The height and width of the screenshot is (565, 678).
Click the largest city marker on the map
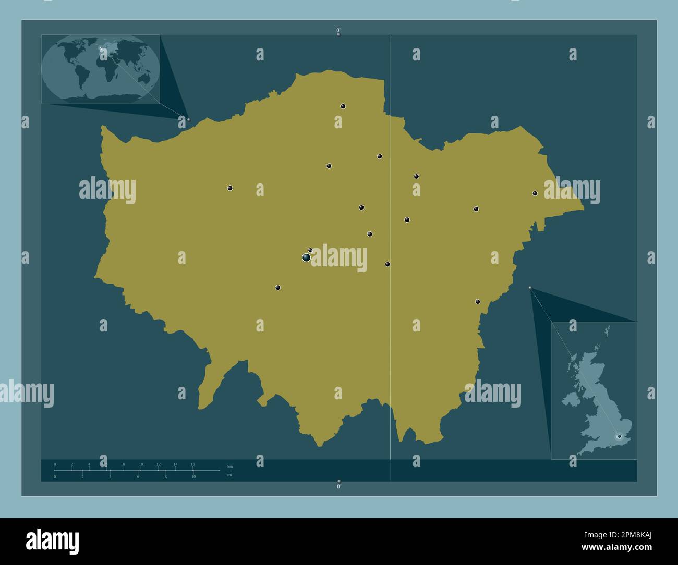pyautogui.click(x=306, y=257)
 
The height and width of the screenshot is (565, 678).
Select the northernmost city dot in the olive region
pyautogui.click(x=343, y=106)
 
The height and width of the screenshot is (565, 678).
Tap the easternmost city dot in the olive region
pyautogui.click(x=535, y=193)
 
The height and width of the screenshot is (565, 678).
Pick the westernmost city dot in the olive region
pyautogui.click(x=230, y=188)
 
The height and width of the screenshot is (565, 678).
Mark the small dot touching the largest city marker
pyautogui.click(x=310, y=250)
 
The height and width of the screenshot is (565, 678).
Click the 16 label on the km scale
pyautogui.click(x=192, y=464)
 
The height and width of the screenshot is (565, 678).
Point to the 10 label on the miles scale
pyautogui.click(x=193, y=477)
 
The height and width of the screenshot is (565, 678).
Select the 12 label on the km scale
pyautogui.click(x=158, y=464)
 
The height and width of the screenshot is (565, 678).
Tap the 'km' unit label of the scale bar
pyautogui.click(x=230, y=466)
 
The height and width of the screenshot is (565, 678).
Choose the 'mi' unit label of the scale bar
pyautogui.click(x=229, y=475)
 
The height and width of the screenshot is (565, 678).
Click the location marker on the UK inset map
pyautogui.click(x=619, y=436)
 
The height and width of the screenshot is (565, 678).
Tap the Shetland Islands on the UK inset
pyautogui.click(x=607, y=330)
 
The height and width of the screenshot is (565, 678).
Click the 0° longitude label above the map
pyautogui.click(x=338, y=30)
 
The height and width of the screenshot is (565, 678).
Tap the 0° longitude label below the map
pyautogui.click(x=338, y=486)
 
